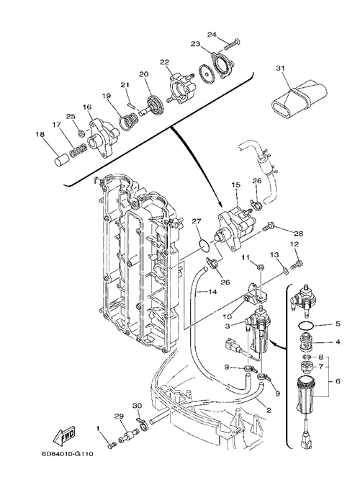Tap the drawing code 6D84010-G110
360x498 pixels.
67,454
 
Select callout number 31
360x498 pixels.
280,68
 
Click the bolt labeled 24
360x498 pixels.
233,44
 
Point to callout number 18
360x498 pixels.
40,134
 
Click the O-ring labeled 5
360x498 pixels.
307,326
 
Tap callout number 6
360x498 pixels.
338,381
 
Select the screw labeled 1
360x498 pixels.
110,447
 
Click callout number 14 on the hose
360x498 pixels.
212,291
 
